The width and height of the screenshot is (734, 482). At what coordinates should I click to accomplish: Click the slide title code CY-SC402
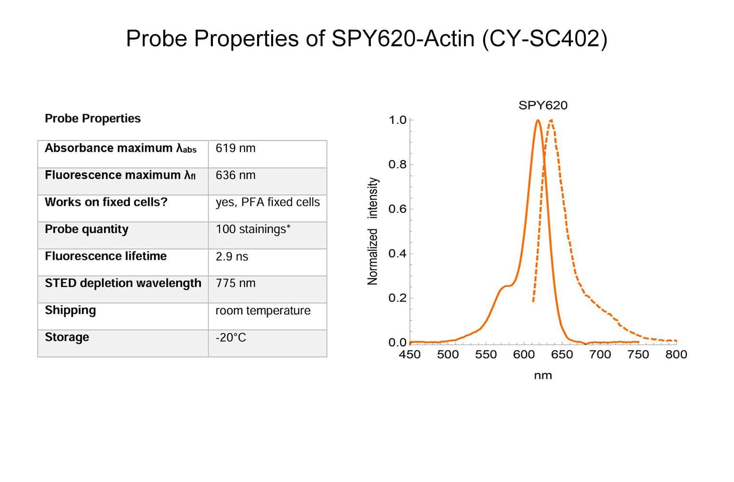point(544,39)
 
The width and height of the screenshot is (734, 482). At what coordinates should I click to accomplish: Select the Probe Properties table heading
point(92,119)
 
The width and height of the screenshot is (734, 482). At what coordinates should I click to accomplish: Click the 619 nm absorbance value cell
point(236,148)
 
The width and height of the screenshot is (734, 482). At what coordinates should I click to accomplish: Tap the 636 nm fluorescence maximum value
point(236,175)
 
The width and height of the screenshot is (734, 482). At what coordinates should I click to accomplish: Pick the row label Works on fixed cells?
point(106,202)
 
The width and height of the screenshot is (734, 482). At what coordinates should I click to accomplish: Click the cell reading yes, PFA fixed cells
point(267,202)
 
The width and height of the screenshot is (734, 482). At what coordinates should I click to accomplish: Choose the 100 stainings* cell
point(253,229)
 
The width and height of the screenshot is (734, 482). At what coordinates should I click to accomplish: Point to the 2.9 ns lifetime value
point(232,256)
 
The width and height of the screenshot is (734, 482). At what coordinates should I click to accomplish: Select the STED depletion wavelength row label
point(123,283)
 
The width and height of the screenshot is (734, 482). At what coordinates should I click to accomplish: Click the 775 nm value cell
point(236,283)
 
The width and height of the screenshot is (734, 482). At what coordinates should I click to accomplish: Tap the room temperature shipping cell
point(263,310)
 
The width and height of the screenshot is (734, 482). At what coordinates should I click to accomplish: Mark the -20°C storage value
point(231,337)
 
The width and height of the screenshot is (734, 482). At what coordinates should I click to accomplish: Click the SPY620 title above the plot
point(543,105)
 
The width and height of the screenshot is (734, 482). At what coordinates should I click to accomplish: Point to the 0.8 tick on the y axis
point(397,164)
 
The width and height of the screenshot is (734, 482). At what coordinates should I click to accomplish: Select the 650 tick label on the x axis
point(562,355)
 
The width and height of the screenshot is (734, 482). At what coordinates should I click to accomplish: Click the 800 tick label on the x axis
point(676,355)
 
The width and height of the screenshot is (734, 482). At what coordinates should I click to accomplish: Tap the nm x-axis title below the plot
point(543,375)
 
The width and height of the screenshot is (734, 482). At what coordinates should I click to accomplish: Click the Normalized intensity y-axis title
point(373,231)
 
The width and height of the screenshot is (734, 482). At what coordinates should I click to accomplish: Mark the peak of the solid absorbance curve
point(538,120)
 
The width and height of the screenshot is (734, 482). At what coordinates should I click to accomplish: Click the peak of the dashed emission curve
point(551,120)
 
